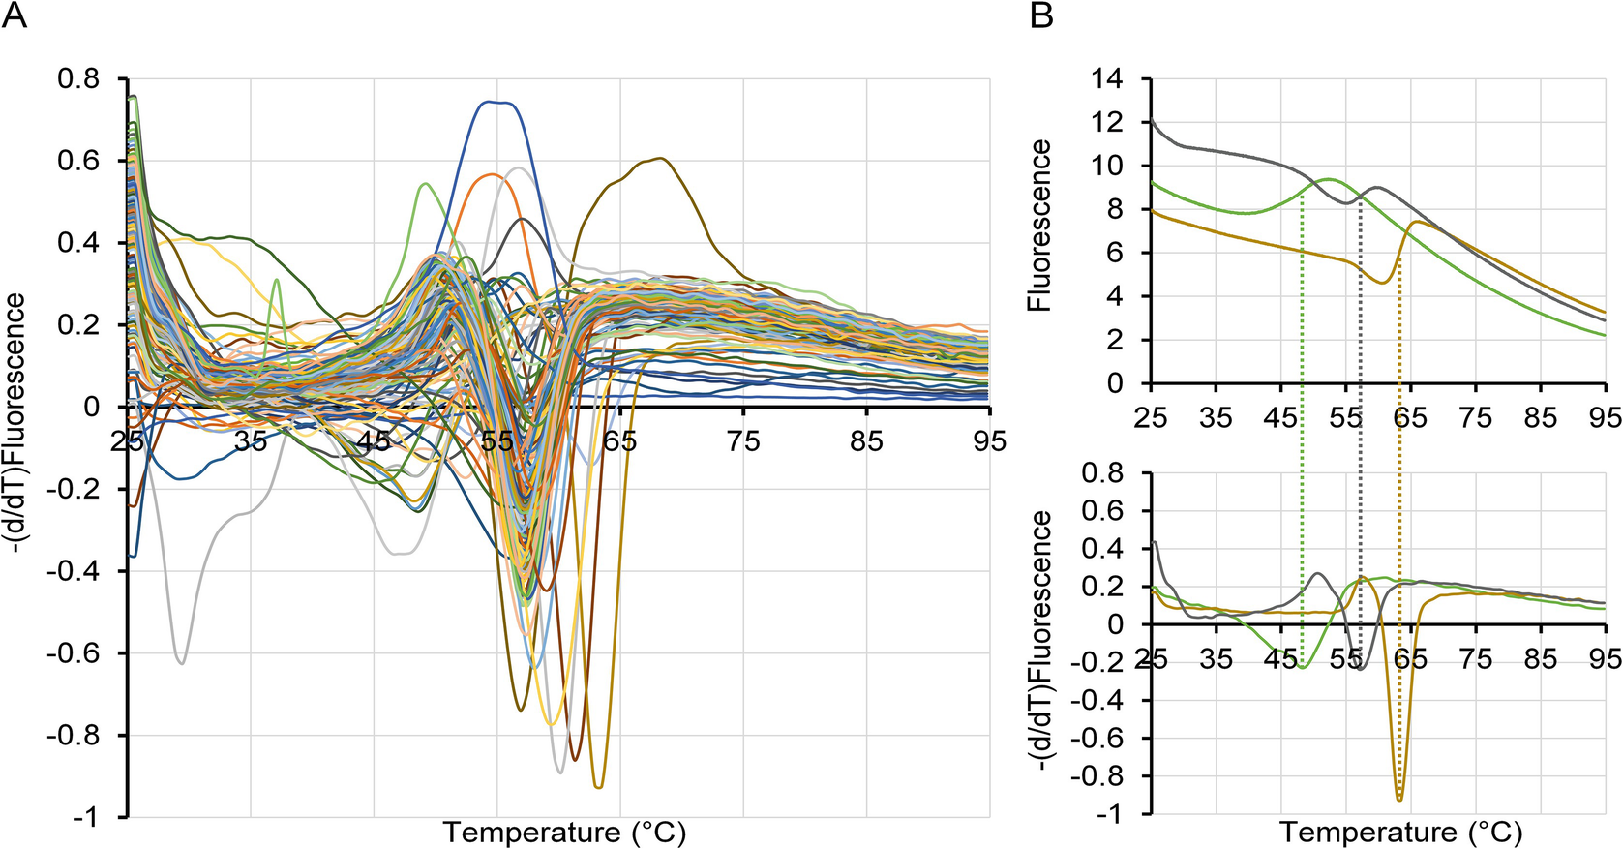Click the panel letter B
[x=1041, y=15]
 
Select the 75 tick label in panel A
[x=742, y=442]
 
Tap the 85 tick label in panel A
[x=866, y=442]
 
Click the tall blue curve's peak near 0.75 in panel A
[x=496, y=102]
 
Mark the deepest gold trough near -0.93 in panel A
[x=599, y=787]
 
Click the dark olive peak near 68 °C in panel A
[x=660, y=159]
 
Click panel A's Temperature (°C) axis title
[x=564, y=833]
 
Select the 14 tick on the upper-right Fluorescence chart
[x=1108, y=78]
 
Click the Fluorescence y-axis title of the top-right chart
[x=1040, y=225]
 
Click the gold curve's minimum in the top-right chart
[x=1385, y=282]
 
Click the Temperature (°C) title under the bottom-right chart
[x=1400, y=833]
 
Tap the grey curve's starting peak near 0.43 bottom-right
[x=1155, y=543]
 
